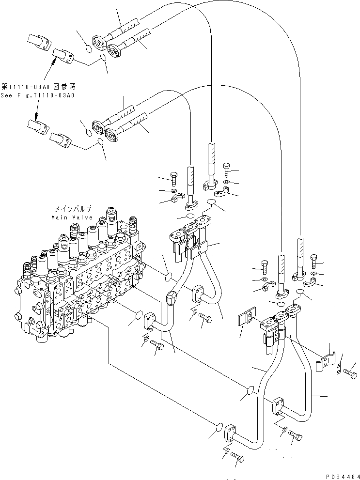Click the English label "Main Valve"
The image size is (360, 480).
(x=71, y=217)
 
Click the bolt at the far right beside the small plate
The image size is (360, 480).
(x=351, y=373)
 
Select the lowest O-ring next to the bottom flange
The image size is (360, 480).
(x=219, y=428)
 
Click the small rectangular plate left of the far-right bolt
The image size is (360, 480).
(x=338, y=371)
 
